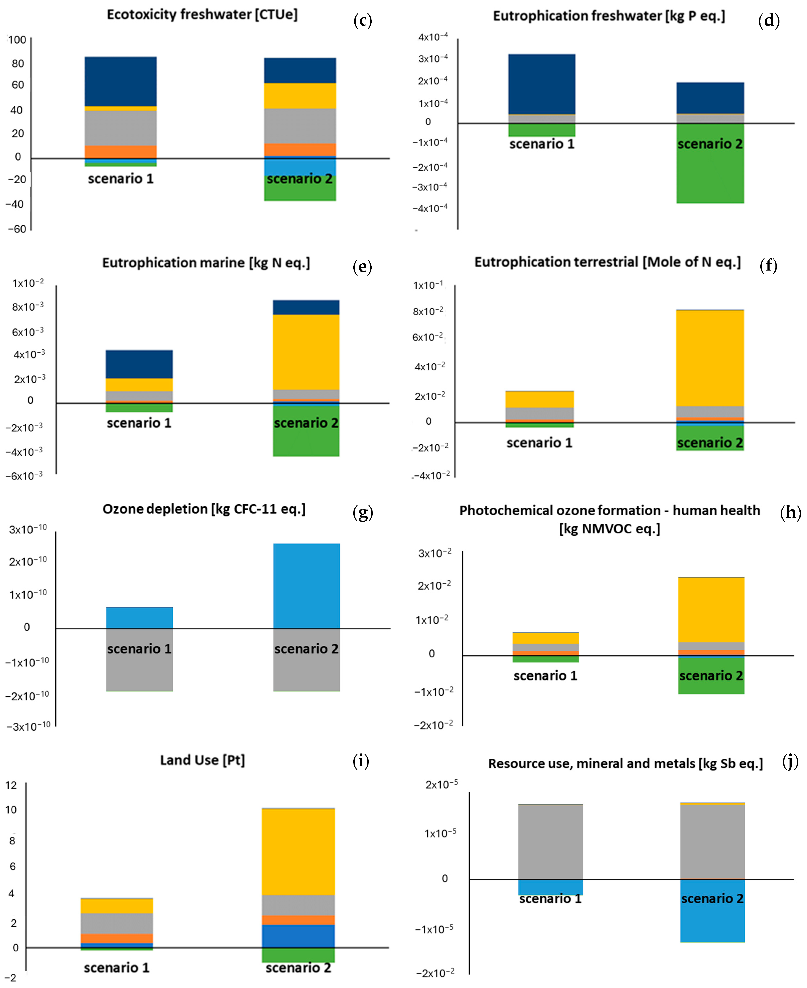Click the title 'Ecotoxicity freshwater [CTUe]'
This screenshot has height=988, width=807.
[202, 15]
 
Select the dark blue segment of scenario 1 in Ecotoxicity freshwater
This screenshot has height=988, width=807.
[120, 82]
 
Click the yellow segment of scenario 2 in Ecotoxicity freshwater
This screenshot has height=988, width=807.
[300, 96]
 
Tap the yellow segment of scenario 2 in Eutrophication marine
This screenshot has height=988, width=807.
[306, 352]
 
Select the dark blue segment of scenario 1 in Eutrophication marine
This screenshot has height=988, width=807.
[139, 364]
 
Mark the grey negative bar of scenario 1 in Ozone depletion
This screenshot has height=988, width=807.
[139, 660]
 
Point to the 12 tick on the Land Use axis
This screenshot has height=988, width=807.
[11, 785]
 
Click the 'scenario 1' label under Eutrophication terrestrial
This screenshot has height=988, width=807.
[539, 443]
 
